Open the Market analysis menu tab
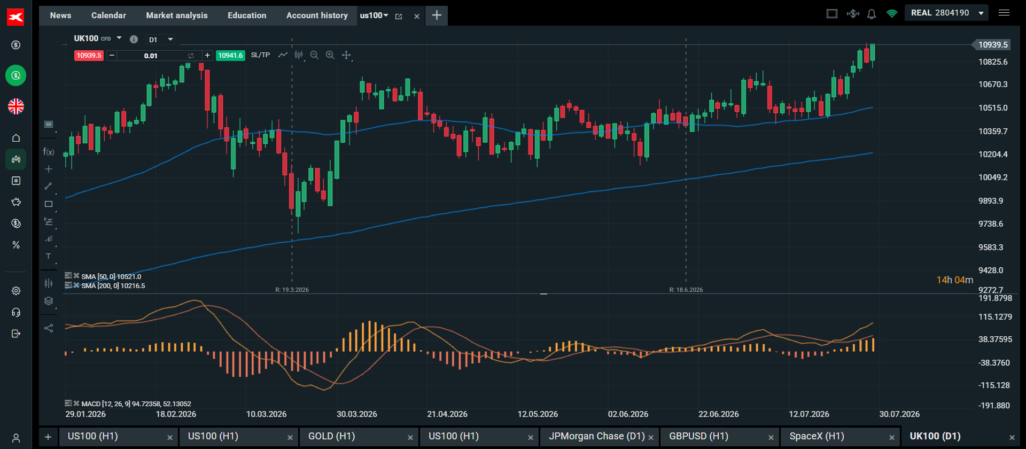coord(177,16)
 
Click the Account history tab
coord(317,16)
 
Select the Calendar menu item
coord(108,16)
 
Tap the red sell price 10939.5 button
coord(89,56)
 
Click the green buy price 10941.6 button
coord(230,56)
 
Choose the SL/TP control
coord(260,55)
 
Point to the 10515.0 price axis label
coord(993,108)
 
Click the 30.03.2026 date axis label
coord(356,414)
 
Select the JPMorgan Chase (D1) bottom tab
coord(596,437)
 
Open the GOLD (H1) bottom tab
coord(331,437)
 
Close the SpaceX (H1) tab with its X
coord(891,438)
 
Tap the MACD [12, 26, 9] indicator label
coord(136,404)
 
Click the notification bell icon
coord(872,14)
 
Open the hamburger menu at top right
coord(1004,13)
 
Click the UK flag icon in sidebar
coord(16,106)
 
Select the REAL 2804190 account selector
coord(946,13)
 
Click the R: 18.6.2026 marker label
coord(686,290)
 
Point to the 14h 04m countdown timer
coord(954,280)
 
